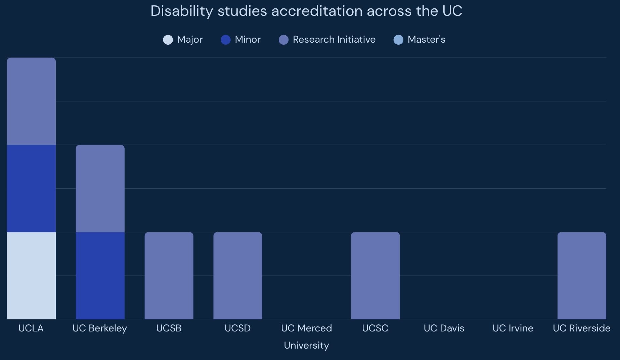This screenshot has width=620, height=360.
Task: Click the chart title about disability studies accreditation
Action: pos(306,11)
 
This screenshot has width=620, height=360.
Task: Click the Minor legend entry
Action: pos(241,40)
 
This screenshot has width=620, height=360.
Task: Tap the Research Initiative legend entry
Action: pos(327,40)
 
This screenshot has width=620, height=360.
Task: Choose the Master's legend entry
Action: pos(419,40)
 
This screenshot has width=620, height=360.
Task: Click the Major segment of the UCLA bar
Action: pos(31,275)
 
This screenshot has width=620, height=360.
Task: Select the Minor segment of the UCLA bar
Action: pos(31,188)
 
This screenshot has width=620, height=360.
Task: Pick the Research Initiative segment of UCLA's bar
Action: pos(31,101)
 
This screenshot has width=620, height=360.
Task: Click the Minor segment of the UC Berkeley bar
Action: pos(100,275)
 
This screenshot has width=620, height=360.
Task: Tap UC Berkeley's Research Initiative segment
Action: pos(100,188)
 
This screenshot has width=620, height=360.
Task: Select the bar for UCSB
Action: pos(169,275)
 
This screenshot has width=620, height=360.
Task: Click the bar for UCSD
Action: pos(238,275)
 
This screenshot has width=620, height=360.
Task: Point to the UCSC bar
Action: pos(375,275)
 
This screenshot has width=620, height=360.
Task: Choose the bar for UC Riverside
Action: pos(582,275)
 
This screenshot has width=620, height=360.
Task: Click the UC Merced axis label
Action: pos(306,328)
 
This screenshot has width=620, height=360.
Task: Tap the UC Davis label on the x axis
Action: pos(444,328)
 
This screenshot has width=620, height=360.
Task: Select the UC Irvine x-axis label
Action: pos(513,328)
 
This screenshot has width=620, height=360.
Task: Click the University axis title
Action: pos(306,345)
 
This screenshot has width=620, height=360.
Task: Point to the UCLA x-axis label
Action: pos(31,328)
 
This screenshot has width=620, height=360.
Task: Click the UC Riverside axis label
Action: pos(582,328)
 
